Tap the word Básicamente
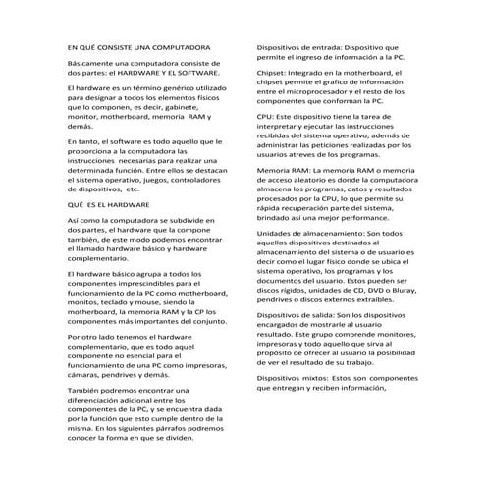[x=90, y=62]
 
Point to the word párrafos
[x=188, y=428]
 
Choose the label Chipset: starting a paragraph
[x=275, y=73]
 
